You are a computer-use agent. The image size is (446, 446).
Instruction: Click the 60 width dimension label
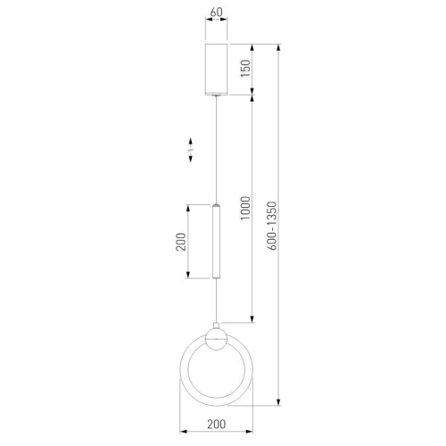coord(216,12)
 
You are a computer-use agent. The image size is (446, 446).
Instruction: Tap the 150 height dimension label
coord(245,69)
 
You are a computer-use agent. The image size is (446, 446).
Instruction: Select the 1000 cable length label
coord(245,208)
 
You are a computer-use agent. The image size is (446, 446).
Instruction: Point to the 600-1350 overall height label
coord(272,226)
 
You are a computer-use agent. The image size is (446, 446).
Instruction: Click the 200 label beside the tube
coord(181,242)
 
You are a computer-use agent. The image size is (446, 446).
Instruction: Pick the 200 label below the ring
coord(217,424)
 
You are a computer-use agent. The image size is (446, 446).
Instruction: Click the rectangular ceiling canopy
coord(217,70)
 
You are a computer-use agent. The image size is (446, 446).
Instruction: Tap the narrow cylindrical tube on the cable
coord(217,241)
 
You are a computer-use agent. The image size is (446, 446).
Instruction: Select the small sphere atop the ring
coord(217,339)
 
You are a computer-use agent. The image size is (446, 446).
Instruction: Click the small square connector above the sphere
coord(217,326)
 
